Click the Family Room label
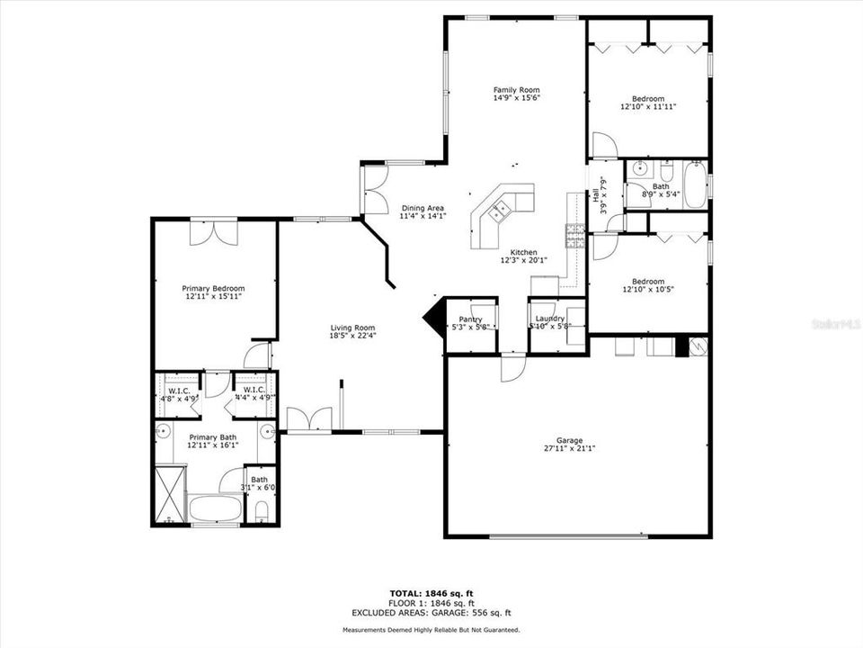tap(516, 90)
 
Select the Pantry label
tap(470, 319)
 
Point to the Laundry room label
tap(549, 319)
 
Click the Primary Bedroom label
tap(213, 288)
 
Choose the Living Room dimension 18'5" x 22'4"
tap(352, 336)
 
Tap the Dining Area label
tap(423, 208)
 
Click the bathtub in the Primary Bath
tap(215, 509)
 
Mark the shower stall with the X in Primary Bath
tap(169, 494)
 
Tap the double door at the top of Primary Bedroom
tap(214, 231)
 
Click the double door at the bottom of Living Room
tap(308, 419)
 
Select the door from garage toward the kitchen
tap(512, 367)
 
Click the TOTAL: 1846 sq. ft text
tap(431, 593)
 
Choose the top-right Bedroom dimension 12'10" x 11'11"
tap(647, 106)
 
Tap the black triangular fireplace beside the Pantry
tap(433, 318)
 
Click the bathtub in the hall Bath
tap(693, 172)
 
